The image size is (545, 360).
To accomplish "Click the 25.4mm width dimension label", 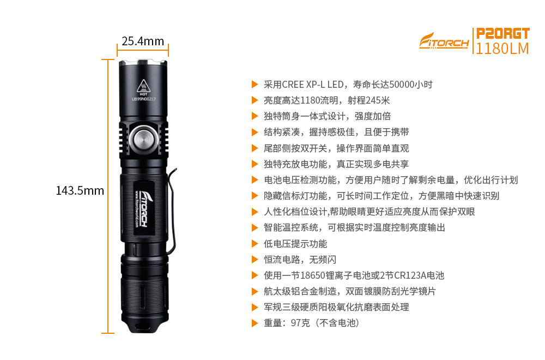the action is tap(142, 41).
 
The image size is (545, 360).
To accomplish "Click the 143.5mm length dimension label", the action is tap(80, 190).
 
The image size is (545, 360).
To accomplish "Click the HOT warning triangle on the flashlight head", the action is tap(143, 86).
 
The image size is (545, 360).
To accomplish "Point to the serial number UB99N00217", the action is tap(143, 99).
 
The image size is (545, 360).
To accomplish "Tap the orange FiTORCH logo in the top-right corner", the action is tap(444, 41).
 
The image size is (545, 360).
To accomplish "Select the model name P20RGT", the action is tap(502, 34).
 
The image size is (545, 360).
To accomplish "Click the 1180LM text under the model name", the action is tap(502, 49).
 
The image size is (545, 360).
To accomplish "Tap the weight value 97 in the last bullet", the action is tap(295, 323).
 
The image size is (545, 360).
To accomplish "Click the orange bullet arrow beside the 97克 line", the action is tap(255, 323).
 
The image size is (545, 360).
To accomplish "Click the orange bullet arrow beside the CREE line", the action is tap(255, 85).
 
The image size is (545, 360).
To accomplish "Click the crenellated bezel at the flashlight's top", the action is tap(143, 63).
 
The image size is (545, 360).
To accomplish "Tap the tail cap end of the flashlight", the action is tap(144, 325).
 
